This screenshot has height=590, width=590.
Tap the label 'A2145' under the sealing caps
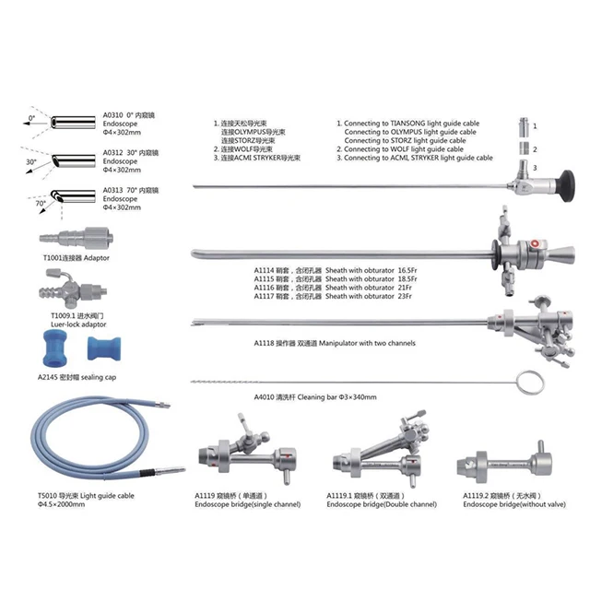pos(50,377)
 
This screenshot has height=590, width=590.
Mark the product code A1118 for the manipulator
pos(265,342)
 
